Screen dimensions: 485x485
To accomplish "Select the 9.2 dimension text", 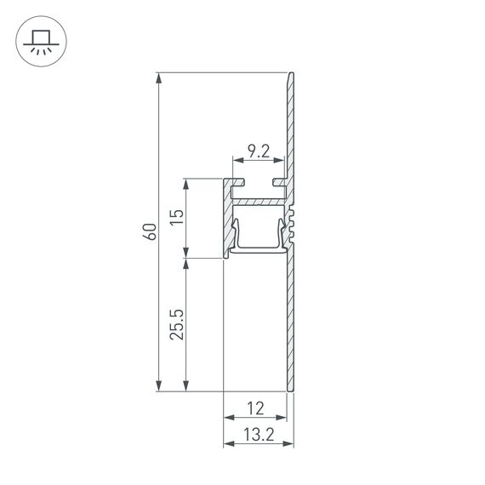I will pos(259,152).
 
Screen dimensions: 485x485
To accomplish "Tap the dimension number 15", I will pos(175,217).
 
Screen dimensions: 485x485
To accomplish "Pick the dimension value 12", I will pos(255,409).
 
